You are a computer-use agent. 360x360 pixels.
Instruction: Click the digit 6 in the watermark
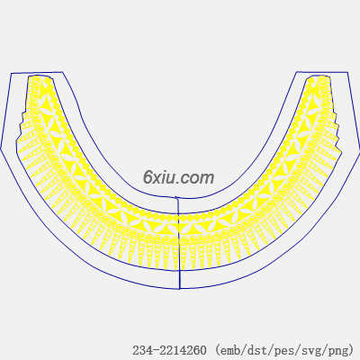[x=148, y=177]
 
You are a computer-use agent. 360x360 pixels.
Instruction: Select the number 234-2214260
[x=170, y=350]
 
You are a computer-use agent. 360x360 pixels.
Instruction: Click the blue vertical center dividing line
[x=178, y=243]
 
